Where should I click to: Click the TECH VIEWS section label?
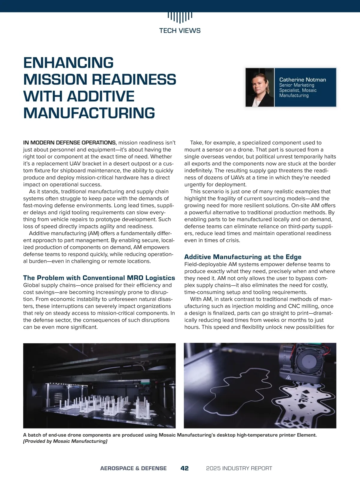point(180,31)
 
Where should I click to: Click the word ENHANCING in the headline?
point(68,63)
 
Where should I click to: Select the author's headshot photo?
point(260,87)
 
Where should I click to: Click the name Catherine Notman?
point(302,80)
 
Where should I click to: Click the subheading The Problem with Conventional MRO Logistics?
point(99,278)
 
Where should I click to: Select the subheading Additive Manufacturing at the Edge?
point(243,257)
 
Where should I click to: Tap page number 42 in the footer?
point(184,468)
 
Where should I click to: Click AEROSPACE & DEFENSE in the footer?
point(133,468)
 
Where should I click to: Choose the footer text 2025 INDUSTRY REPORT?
point(239,468)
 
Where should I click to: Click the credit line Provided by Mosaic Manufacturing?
point(65,441)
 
